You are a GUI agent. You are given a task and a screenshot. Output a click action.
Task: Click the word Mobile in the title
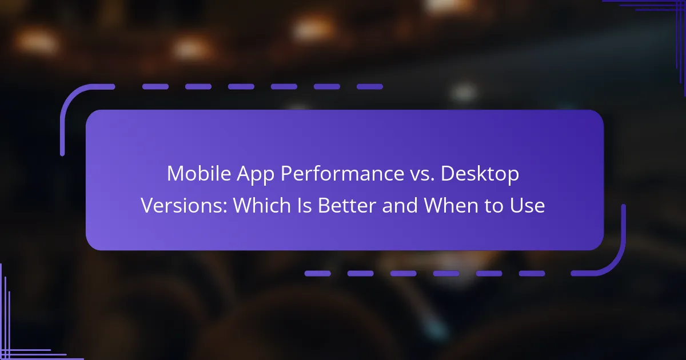(199, 174)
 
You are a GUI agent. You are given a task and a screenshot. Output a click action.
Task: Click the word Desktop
(480, 175)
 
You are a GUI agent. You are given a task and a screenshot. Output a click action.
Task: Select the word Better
(347, 205)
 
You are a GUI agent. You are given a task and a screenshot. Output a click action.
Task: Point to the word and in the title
(400, 205)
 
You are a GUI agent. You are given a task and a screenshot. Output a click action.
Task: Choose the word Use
(527, 205)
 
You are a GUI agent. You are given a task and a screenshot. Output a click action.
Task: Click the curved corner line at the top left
(71, 98)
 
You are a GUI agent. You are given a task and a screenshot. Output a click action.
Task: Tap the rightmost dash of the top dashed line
(370, 87)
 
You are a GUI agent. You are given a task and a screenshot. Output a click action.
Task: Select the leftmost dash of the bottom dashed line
(318, 273)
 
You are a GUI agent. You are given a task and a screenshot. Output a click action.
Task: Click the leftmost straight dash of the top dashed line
(155, 87)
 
